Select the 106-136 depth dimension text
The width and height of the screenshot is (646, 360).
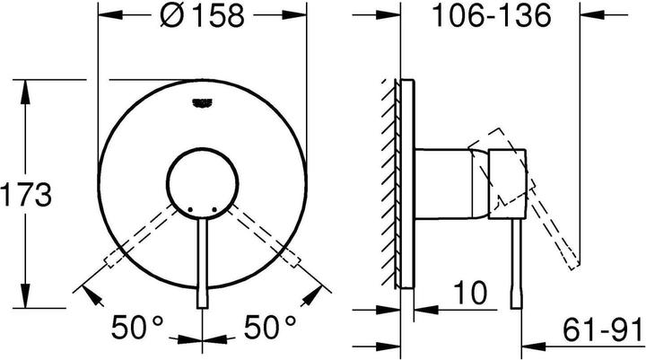pos(490,17)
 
